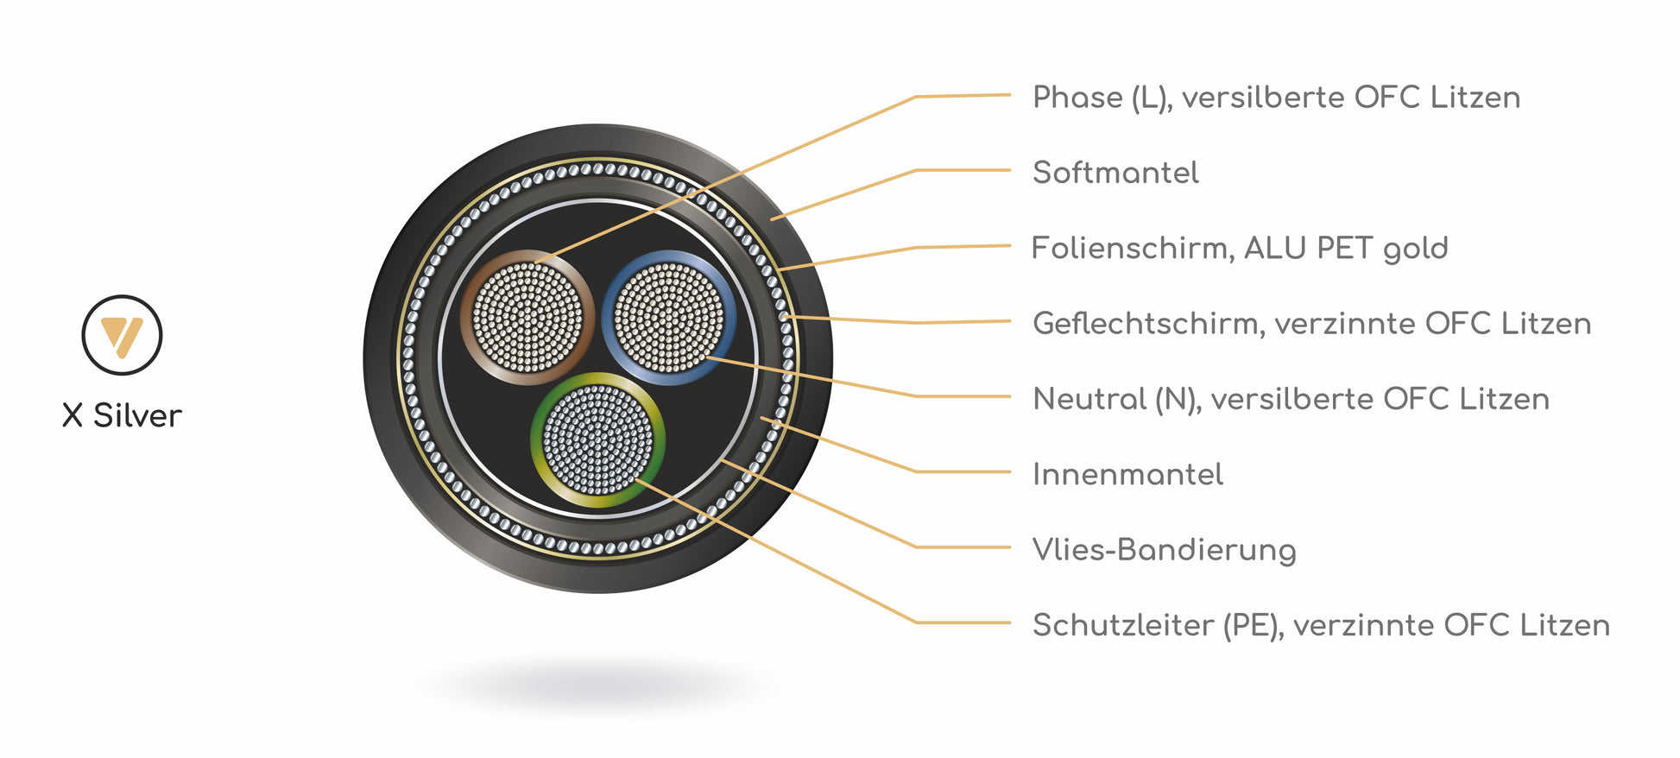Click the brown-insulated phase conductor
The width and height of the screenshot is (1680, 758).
click(x=527, y=317)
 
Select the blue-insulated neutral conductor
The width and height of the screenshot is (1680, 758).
click(x=668, y=317)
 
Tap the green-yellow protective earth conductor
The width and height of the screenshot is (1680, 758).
click(x=597, y=440)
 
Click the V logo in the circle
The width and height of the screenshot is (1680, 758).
click(x=122, y=335)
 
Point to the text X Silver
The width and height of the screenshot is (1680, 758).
click(x=122, y=416)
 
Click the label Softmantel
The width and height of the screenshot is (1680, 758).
click(x=1115, y=173)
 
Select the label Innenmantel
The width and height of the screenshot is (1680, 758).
click(x=1127, y=475)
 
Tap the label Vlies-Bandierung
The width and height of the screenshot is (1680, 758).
click(x=1164, y=550)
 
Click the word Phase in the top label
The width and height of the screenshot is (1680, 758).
click(x=1077, y=98)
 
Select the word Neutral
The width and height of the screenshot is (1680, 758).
click(x=1089, y=399)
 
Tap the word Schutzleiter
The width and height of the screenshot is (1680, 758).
click(x=1122, y=625)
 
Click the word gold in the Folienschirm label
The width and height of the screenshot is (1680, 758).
click(x=1415, y=250)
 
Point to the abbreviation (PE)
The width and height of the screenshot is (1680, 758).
click(x=1252, y=625)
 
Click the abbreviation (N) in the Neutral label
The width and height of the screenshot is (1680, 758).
click(x=1178, y=399)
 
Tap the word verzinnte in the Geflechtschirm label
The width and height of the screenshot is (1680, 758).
click(x=1344, y=324)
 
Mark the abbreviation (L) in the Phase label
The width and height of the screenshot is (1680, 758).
click(x=1152, y=98)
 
